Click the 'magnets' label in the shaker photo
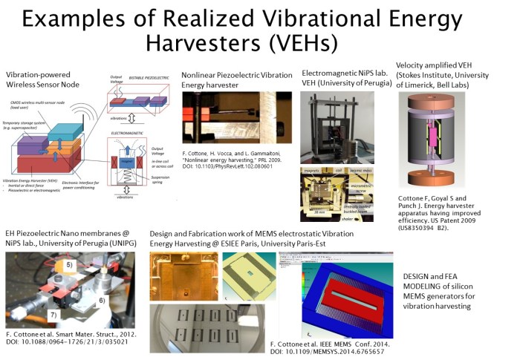tap(313, 171)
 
